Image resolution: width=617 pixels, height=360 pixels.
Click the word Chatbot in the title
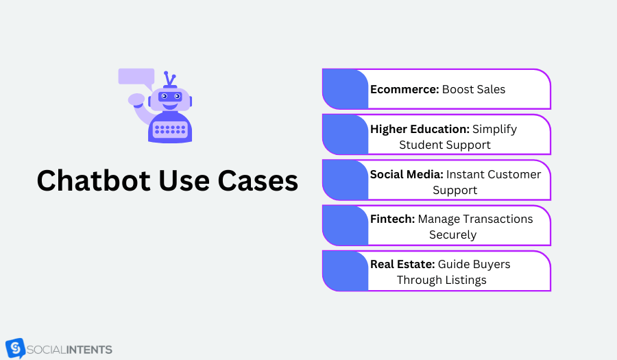tap(94, 180)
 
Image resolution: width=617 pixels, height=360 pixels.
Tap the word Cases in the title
tap(258, 181)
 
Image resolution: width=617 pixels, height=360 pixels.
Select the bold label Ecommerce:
tap(404, 89)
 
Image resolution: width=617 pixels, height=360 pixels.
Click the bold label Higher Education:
tap(420, 129)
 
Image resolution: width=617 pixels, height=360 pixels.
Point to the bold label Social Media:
tap(407, 174)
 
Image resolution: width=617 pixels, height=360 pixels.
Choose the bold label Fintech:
tap(393, 219)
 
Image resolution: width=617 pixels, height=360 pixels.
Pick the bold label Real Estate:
tap(402, 264)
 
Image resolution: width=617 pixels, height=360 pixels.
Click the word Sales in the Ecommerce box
tap(490, 89)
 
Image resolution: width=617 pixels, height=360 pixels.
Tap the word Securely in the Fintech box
tap(453, 235)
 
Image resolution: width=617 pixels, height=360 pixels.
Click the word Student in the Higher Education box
tap(418, 145)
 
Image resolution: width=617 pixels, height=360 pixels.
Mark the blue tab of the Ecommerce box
tap(345, 89)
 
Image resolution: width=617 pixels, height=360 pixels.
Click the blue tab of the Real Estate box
tap(345, 271)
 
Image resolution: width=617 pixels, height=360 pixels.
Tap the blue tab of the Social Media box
tap(345, 180)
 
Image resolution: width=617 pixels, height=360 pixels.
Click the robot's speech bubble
tap(136, 77)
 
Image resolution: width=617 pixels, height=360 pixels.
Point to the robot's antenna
tap(170, 79)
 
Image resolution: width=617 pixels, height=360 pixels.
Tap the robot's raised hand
tap(136, 99)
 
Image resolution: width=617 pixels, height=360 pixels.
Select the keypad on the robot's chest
tap(170, 130)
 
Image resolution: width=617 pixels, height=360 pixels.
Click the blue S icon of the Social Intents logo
tap(15, 348)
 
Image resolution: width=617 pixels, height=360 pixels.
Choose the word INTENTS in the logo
tap(89, 350)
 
